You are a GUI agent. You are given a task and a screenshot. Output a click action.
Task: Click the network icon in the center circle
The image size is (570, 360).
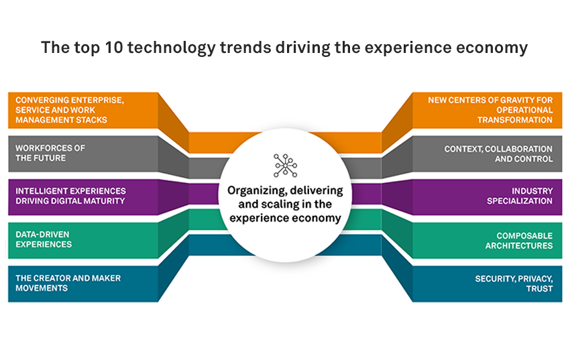click(286, 166)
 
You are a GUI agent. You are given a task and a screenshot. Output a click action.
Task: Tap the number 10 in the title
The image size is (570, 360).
click(113, 48)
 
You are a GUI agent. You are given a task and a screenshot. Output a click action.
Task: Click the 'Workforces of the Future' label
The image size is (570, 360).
click(50, 153)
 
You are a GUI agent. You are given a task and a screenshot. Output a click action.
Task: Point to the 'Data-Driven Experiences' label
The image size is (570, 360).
click(44, 239)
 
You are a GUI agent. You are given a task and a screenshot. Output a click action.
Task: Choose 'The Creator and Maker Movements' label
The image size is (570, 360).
click(68, 283)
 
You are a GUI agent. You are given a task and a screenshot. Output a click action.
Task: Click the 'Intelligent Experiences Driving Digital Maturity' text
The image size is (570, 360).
click(70, 196)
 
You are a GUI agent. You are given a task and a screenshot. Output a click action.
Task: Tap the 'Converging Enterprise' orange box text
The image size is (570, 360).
click(70, 110)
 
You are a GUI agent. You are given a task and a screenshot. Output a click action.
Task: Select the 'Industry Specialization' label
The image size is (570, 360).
click(520, 196)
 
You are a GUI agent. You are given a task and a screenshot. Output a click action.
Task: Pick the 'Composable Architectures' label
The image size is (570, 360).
click(519, 241)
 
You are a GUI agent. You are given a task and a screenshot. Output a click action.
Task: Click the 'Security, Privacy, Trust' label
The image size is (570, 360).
click(514, 284)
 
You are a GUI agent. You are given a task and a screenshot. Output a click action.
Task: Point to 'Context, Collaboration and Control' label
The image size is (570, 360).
click(498, 154)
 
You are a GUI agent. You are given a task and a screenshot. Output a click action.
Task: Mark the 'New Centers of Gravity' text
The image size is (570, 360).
click(490, 110)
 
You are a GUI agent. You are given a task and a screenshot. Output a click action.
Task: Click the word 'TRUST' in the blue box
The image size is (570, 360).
click(539, 289)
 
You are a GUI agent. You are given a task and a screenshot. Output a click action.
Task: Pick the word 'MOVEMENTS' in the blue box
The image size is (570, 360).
click(42, 288)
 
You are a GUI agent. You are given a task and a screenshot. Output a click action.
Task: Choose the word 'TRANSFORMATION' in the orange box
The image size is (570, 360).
click(515, 120)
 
